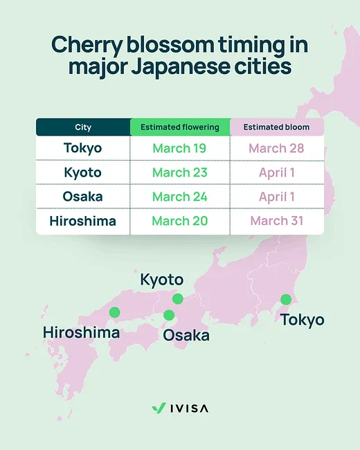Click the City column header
click(83, 127)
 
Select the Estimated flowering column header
click(180, 127)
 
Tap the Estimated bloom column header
click(276, 127)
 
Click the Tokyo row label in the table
click(83, 148)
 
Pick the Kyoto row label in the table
click(83, 172)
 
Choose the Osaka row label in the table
click(83, 197)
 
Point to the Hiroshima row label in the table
click(83, 221)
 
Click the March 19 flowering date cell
click(180, 148)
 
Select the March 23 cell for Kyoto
click(180, 172)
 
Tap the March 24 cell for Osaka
click(180, 197)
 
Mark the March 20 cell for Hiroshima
click(180, 221)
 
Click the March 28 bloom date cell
click(276, 148)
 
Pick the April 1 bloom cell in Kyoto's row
click(276, 172)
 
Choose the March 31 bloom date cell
click(276, 221)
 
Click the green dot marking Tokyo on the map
click(285, 299)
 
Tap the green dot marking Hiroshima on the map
click(114, 312)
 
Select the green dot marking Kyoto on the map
click(178, 299)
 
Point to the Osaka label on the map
click(186, 335)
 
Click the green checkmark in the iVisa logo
click(158, 408)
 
